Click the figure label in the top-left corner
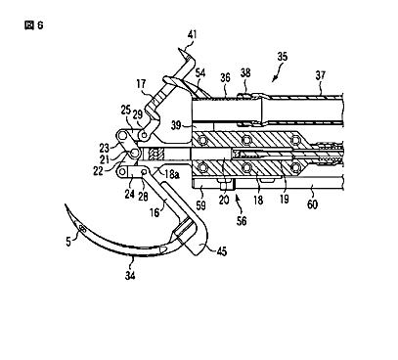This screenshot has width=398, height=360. [x=34, y=25]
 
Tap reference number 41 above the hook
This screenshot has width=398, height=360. [x=193, y=34]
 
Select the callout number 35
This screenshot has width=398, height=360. [x=283, y=57]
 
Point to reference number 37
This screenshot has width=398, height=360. [x=320, y=75]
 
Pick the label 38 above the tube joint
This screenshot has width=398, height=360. [x=245, y=72]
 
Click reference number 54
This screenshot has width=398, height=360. [x=200, y=72]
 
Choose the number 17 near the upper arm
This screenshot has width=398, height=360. [x=141, y=84]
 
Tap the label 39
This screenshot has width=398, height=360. [x=176, y=125]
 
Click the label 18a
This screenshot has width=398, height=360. [x=172, y=174]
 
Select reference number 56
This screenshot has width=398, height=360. [x=242, y=221]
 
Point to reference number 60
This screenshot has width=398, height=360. [x=312, y=204]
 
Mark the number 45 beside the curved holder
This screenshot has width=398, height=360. [x=221, y=251]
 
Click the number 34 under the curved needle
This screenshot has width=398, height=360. [x=130, y=276]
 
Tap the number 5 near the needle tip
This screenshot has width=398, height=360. [x=68, y=242]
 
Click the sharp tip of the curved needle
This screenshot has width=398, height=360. [x=66, y=204]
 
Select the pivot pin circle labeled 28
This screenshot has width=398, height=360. [x=143, y=171]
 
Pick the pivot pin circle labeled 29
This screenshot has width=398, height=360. [x=144, y=133]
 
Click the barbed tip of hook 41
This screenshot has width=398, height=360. [x=179, y=49]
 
